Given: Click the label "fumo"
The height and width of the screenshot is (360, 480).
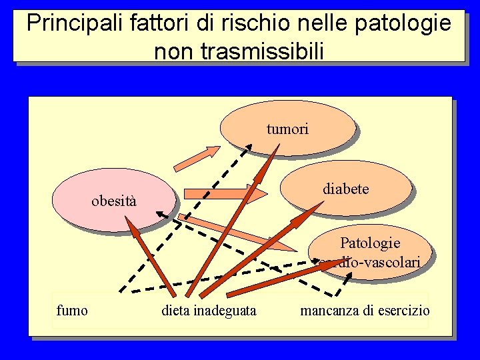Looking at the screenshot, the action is pyautogui.click(x=72, y=310).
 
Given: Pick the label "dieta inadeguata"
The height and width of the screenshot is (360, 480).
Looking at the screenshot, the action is pyautogui.click(x=209, y=310).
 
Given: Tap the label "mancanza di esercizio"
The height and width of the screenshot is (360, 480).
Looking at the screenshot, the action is pyautogui.click(x=365, y=310).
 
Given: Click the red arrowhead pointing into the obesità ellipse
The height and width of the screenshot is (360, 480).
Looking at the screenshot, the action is pyautogui.click(x=131, y=225).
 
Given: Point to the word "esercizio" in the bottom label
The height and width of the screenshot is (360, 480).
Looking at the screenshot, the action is pyautogui.click(x=404, y=310).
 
